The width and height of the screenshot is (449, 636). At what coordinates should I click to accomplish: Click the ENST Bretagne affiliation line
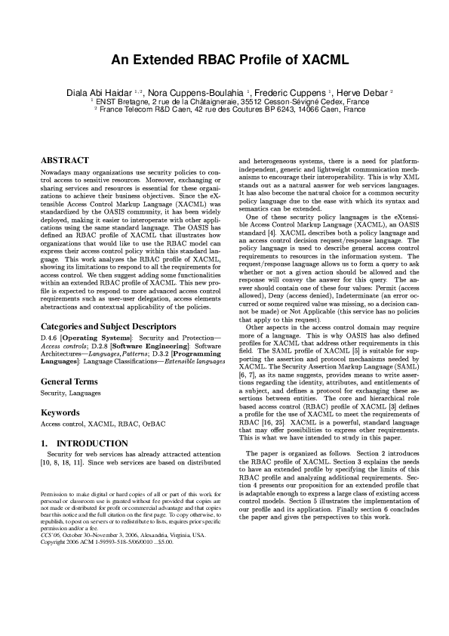(230, 100)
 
